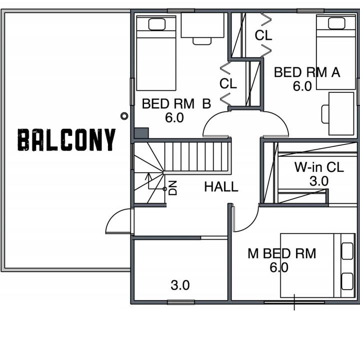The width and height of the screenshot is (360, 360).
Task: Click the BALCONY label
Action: click(66, 140)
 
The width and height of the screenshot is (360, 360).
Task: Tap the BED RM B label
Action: click(176, 103)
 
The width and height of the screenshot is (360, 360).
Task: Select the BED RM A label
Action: click(307, 72)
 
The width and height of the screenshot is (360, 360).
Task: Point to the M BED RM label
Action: click(282, 254)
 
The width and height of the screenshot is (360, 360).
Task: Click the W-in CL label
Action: click(319, 167)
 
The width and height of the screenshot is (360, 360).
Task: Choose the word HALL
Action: click(221, 187)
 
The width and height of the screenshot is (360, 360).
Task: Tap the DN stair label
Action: click(173, 188)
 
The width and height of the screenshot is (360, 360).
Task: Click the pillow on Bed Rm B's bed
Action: click(157, 24)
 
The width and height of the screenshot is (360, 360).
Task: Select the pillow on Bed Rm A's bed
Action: click(336, 23)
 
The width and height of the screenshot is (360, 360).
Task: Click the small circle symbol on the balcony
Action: click(124, 116)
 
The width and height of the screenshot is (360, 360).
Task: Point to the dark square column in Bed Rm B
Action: click(141, 133)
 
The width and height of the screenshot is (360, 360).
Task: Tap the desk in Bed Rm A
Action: click(341, 114)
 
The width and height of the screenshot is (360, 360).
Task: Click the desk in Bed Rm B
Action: click(202, 25)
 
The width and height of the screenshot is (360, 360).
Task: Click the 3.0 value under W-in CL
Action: click(319, 181)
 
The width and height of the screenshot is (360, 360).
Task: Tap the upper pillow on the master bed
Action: click(347, 251)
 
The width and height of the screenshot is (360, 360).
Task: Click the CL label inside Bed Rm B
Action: click(228, 83)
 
